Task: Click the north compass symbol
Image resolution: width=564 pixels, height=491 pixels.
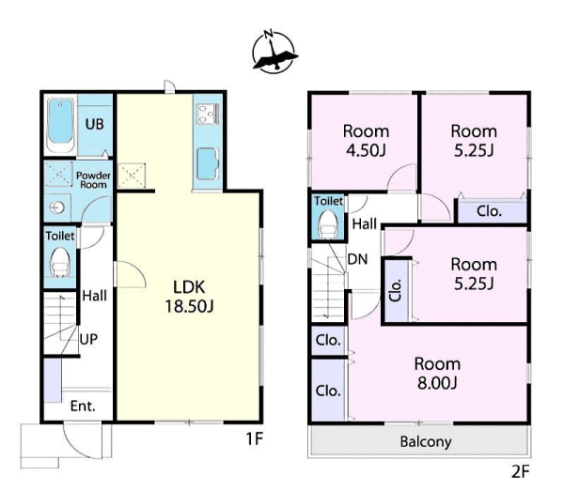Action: click(274, 52)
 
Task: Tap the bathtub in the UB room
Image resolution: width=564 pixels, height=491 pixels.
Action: click(60, 124)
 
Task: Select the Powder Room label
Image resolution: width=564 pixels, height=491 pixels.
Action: click(93, 180)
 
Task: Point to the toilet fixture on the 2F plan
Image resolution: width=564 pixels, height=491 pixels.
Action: click(328, 223)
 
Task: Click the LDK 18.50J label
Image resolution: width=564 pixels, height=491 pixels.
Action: click(189, 297)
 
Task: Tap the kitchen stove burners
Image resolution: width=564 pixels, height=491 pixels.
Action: click(208, 114)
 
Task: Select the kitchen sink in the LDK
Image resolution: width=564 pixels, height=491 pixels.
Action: click(208, 164)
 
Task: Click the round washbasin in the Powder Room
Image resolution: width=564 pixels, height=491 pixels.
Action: click(57, 207)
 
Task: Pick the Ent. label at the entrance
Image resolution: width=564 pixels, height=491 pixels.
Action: click(83, 406)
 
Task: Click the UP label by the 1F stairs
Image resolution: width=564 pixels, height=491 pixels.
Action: click(88, 339)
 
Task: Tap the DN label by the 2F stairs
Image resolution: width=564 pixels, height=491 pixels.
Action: click(357, 259)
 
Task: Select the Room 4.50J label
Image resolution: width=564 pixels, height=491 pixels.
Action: click(366, 141)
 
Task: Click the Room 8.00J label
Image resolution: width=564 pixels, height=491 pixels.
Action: click(437, 374)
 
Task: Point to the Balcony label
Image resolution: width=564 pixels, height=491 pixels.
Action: click(426, 441)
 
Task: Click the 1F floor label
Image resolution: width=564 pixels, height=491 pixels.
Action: click(255, 438)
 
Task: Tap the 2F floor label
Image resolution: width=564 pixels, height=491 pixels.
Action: click(521, 471)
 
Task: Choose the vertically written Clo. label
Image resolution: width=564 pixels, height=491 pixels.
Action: click(395, 290)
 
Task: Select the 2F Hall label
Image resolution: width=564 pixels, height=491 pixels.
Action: click(365, 223)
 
